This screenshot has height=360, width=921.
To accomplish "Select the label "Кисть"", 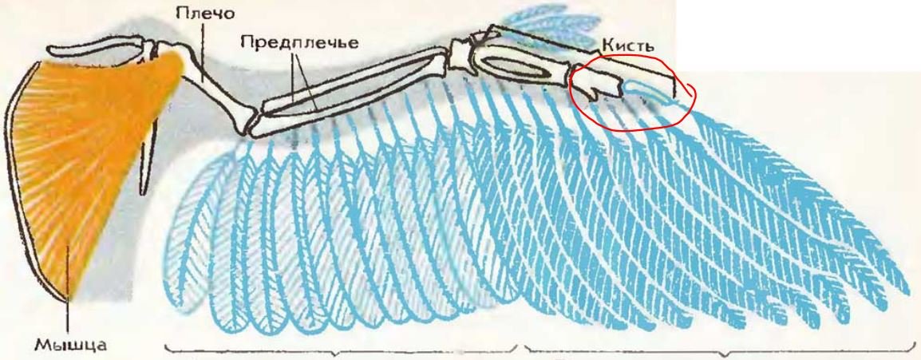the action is [x=627, y=45].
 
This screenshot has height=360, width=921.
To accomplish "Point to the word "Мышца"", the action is [x=69, y=344].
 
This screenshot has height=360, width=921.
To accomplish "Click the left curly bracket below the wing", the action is [x=342, y=350].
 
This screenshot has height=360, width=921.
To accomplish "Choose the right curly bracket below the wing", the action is [x=722, y=350].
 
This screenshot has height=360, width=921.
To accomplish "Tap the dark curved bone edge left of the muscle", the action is [x=23, y=176].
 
